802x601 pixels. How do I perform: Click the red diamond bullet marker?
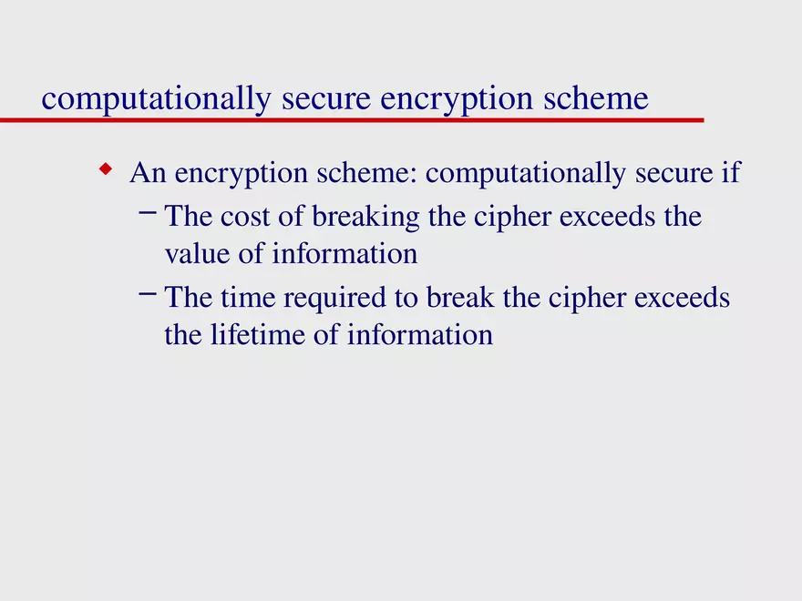(x=107, y=168)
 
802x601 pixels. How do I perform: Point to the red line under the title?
(x=365, y=119)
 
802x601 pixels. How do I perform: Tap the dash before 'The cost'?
(x=148, y=213)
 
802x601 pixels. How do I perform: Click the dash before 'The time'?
(x=148, y=294)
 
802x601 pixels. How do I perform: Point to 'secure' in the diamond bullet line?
(x=656, y=173)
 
